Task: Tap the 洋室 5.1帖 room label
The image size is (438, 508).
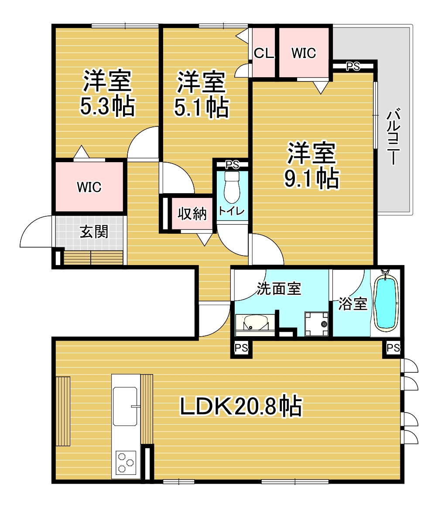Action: tap(201, 94)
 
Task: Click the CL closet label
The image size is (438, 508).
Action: tap(264, 53)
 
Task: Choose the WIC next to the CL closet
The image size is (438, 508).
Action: tap(304, 53)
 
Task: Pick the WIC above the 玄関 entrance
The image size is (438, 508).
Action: tap(89, 187)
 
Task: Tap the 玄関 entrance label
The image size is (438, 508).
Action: tap(94, 232)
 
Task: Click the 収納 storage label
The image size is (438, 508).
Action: tap(192, 214)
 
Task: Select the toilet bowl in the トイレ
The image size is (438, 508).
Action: tap(232, 187)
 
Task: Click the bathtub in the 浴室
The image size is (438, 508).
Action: tap(386, 303)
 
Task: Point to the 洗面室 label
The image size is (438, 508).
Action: tap(279, 288)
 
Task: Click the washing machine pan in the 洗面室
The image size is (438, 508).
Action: tap(316, 324)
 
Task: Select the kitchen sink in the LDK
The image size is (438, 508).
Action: tap(125, 406)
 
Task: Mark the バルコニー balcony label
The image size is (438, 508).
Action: tap(393, 137)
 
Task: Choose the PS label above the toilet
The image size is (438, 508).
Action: tap(232, 164)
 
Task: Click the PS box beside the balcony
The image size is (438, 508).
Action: tap(353, 66)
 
